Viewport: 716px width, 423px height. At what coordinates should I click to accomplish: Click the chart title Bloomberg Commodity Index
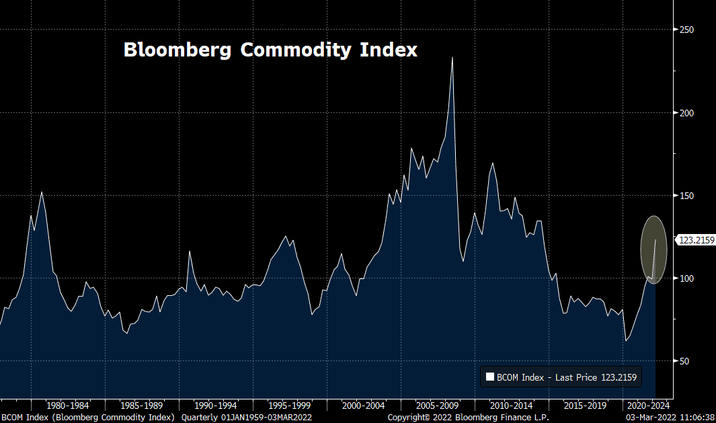point(270,50)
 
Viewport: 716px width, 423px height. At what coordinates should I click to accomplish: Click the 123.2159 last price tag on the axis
point(696,240)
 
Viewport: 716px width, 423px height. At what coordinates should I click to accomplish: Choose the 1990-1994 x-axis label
point(214,406)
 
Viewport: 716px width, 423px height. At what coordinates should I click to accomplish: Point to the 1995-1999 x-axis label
point(288,406)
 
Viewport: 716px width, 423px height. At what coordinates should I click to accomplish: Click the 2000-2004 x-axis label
point(363,406)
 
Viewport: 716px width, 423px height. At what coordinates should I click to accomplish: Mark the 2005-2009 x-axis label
point(437,406)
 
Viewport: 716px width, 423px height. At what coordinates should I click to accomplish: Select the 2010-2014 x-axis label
point(511,406)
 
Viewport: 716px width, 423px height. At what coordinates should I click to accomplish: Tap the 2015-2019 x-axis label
point(585,406)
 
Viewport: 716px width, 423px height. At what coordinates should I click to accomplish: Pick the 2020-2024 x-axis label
point(648,406)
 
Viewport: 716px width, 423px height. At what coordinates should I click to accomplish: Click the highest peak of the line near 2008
point(452,57)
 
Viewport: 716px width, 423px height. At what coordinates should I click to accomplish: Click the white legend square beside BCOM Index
point(489,377)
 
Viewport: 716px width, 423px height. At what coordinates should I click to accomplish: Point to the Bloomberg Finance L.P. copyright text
point(468,418)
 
